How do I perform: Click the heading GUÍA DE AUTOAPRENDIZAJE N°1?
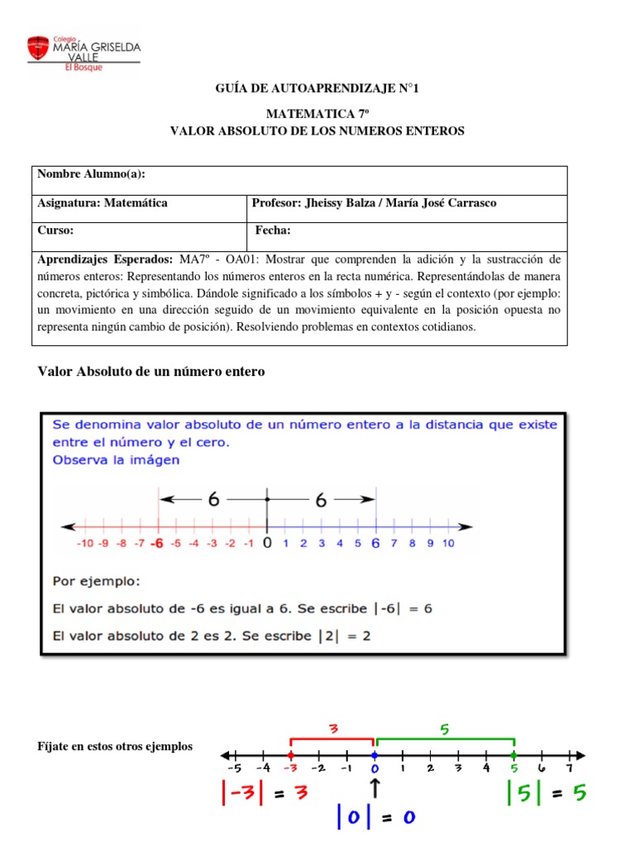317,88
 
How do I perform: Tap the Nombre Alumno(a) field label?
91,173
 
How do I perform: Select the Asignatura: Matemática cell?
103,203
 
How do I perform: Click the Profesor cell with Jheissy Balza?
375,203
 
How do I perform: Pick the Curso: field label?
56,231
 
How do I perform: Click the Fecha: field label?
273,231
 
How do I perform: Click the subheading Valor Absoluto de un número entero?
152,372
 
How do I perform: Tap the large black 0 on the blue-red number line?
266,543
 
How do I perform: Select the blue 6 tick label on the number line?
376,543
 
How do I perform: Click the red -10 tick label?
84,544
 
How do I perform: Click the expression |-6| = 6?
402,609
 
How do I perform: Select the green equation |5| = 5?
546,793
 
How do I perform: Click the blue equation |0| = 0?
375,818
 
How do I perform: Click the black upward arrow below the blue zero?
375,788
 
